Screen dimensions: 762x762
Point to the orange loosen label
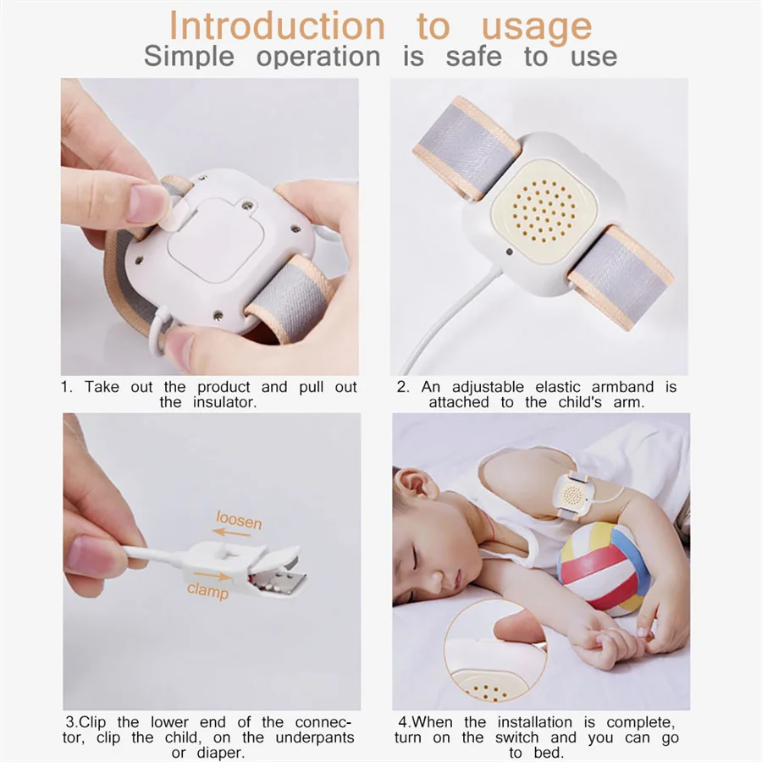[x=239, y=520]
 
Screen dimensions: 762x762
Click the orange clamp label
[x=207, y=590]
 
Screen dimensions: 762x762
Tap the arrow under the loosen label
[x=231, y=533]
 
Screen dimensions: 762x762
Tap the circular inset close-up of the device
[x=494, y=651]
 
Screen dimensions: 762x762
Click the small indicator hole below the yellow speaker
[x=508, y=252]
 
